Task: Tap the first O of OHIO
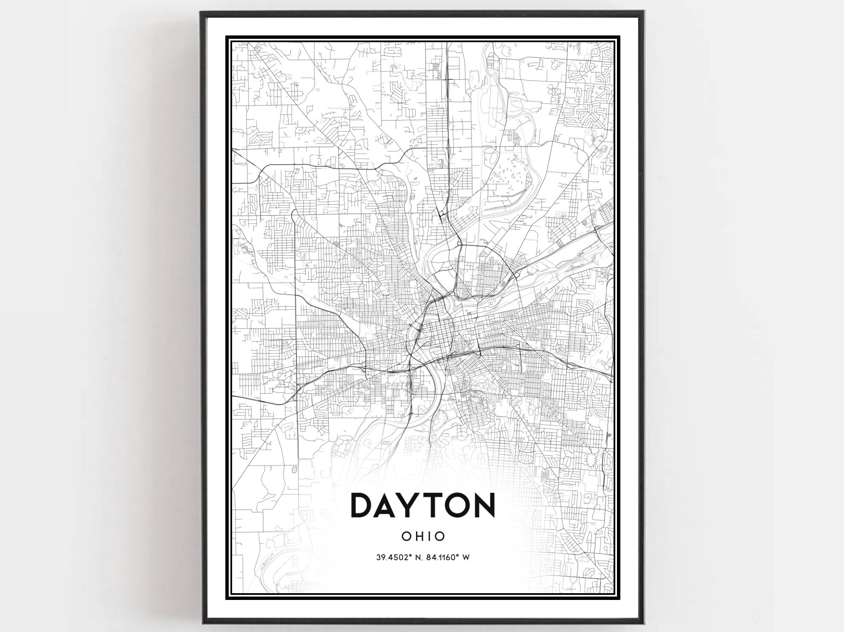tap(406, 536)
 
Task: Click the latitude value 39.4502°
tap(390, 557)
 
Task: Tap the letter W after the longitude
tap(466, 557)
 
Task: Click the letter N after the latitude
tap(413, 557)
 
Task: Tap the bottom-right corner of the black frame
tap(643, 622)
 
